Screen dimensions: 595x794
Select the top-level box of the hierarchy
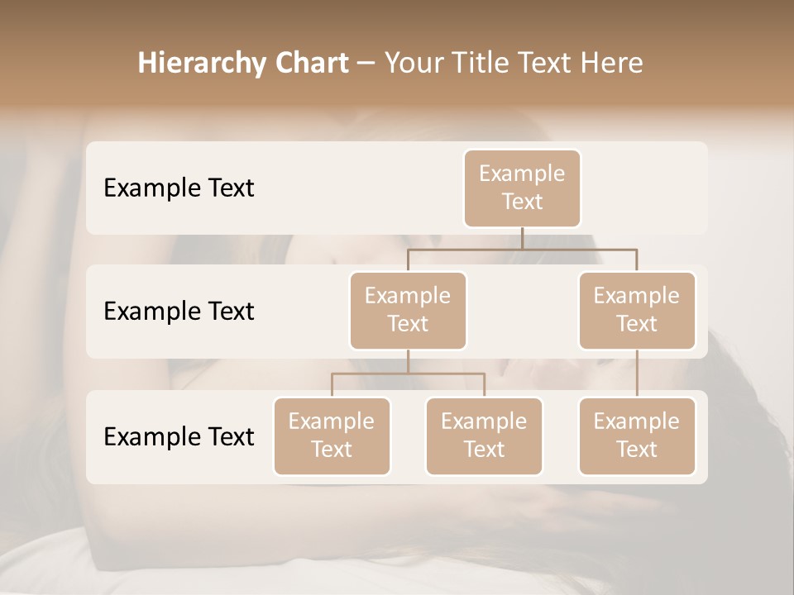click(x=522, y=188)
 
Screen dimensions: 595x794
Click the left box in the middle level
click(x=408, y=310)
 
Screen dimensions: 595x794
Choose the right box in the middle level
click(x=637, y=310)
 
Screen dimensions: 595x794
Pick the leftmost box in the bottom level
click(x=332, y=436)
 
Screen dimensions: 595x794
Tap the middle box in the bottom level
click(x=484, y=436)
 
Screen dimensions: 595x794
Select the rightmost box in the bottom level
click(x=637, y=436)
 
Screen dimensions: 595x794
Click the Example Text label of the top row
click(x=179, y=188)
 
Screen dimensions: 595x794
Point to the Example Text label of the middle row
click(x=179, y=311)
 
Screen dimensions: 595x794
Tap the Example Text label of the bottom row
click(x=179, y=436)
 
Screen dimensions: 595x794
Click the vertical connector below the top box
click(x=522, y=238)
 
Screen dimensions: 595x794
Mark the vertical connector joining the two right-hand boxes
click(x=637, y=374)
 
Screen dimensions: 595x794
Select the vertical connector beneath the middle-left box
click(x=408, y=361)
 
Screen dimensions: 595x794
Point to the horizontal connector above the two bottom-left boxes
click(x=408, y=374)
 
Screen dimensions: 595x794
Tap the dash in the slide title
click(x=366, y=64)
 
